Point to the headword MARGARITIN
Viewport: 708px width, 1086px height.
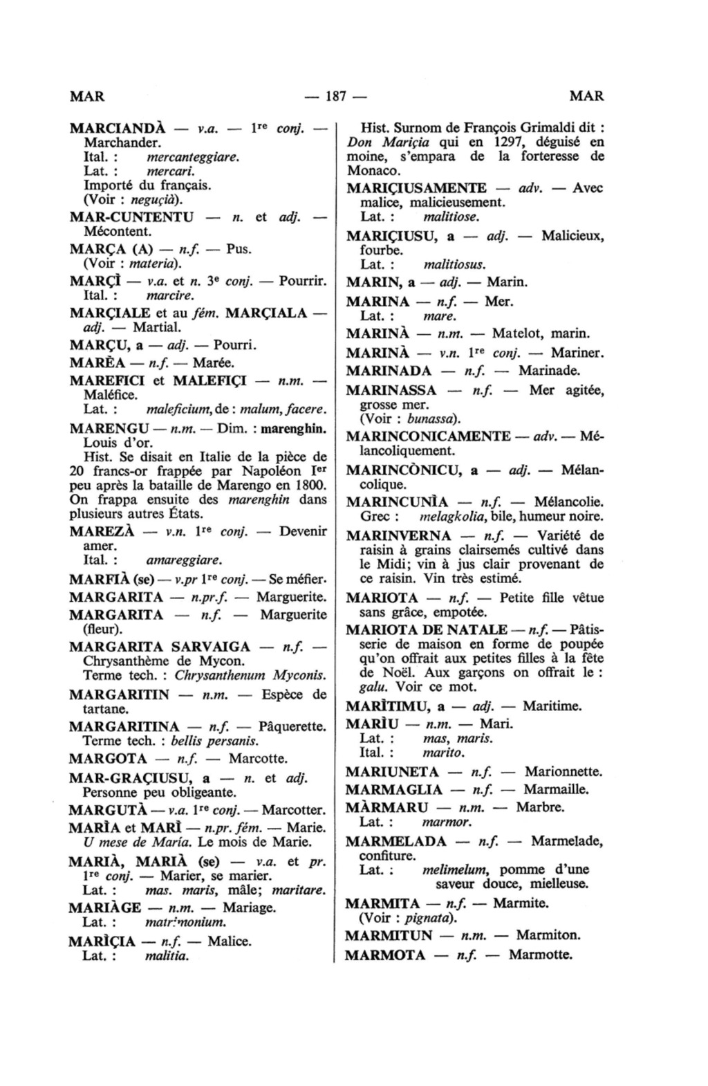click(120, 694)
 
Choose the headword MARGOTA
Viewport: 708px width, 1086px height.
click(108, 759)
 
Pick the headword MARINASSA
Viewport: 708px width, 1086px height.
click(391, 391)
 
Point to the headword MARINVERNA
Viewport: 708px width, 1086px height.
click(398, 536)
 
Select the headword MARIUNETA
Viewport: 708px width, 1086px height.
click(392, 771)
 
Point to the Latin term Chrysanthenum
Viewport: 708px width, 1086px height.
click(221, 675)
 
